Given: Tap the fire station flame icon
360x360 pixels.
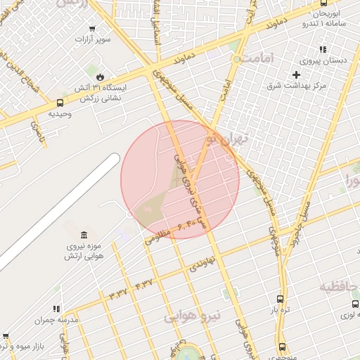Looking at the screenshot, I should coord(101,76).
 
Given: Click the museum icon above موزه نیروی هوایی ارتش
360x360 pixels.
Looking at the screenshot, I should coord(84,233).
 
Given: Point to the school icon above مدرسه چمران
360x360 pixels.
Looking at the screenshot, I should coord(57,308).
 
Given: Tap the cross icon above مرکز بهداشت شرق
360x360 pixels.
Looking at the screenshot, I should coord(297,75).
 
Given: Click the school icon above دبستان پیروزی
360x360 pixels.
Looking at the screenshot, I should coord(323,49).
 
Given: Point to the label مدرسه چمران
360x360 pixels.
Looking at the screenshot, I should coord(57,320).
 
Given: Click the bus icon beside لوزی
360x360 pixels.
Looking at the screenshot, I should coord(355,304).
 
